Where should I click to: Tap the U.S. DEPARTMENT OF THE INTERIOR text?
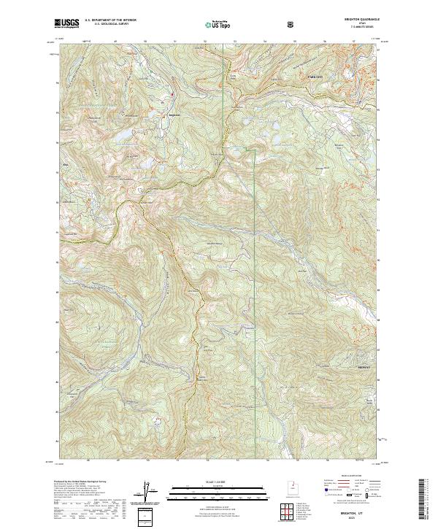(x=110, y=20)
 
